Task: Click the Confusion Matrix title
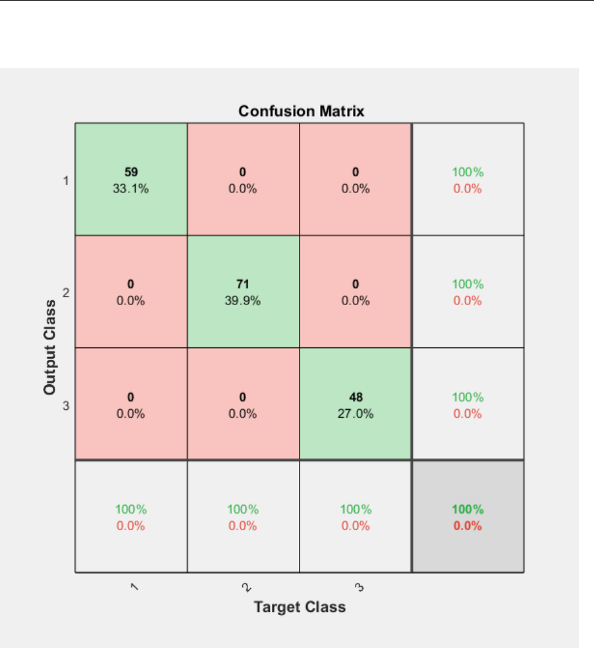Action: (x=301, y=111)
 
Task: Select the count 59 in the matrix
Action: (x=130, y=172)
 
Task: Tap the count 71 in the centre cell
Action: (x=243, y=284)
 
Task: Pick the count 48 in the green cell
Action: (x=355, y=396)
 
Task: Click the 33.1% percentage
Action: (x=130, y=189)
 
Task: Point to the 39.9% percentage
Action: (x=243, y=301)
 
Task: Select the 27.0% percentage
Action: (x=355, y=413)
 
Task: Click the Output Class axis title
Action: (x=50, y=347)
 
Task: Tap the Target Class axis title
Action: (x=300, y=607)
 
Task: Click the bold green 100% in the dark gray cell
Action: (x=467, y=509)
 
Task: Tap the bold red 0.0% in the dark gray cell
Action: (x=467, y=525)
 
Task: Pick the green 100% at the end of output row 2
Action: (x=467, y=284)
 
